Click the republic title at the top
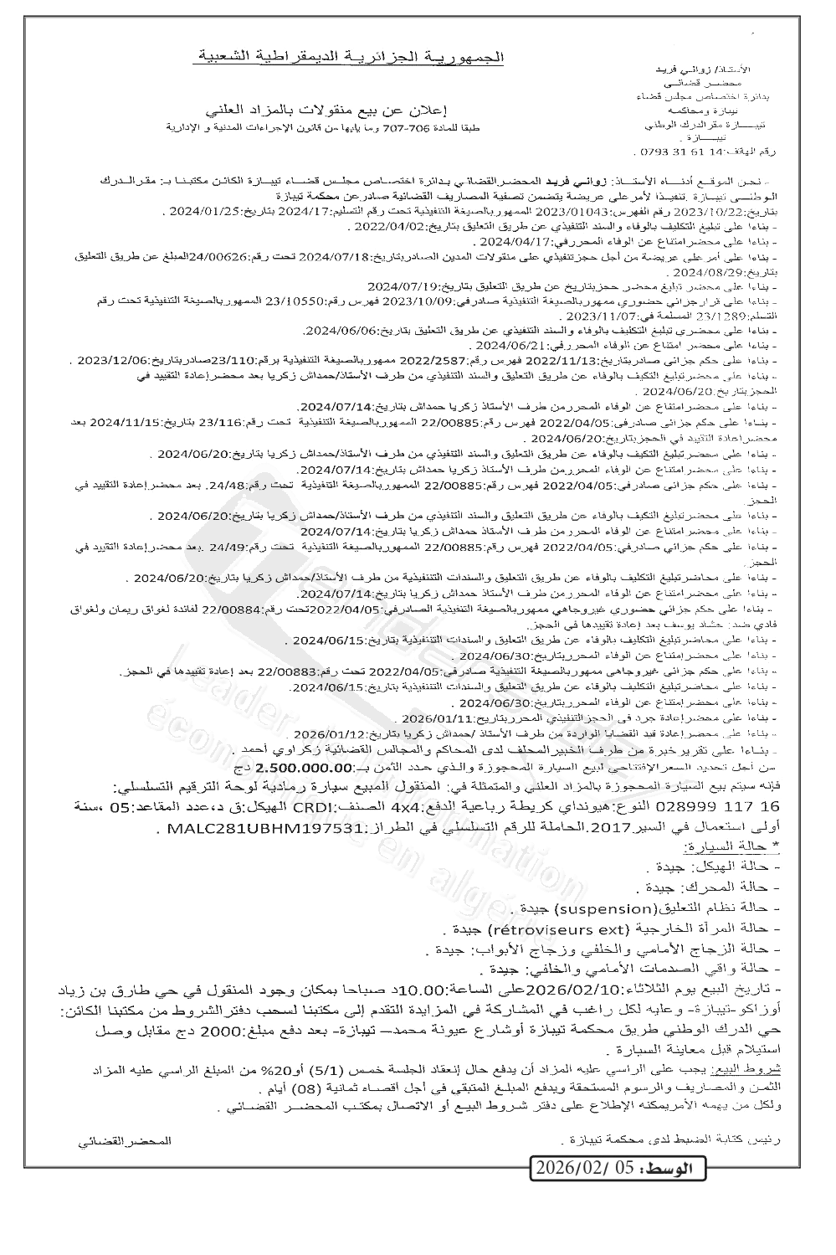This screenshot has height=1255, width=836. point(352,56)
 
